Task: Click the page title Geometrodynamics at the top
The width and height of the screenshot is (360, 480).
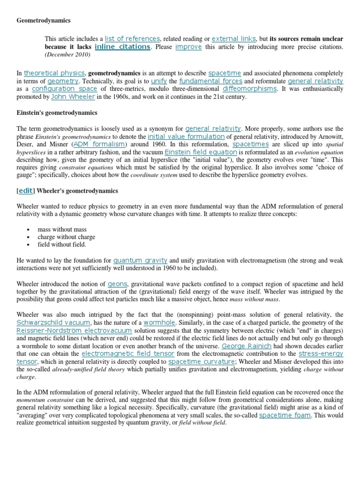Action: click(44, 21)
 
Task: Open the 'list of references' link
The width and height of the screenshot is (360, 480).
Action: click(133, 38)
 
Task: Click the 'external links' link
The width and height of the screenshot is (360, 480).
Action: click(233, 38)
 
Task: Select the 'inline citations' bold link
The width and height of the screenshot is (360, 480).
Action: click(122, 47)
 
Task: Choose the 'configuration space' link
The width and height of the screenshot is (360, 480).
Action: click(64, 89)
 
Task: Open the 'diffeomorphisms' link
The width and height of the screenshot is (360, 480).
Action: click(250, 89)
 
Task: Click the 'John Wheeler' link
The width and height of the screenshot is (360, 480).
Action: click(73, 97)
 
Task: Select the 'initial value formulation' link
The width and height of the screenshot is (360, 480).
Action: click(186, 136)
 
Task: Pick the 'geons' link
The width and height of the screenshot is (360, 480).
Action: click(117, 284)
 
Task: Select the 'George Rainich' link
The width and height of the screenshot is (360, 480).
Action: click(246, 346)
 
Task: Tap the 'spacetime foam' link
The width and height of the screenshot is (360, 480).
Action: click(285, 415)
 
